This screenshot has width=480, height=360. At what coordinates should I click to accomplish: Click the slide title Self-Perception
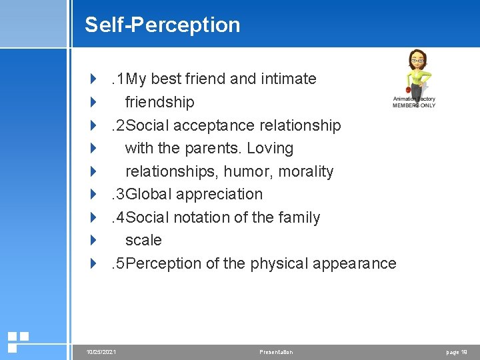coord(162,25)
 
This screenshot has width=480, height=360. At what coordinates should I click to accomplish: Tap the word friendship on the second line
coord(160,102)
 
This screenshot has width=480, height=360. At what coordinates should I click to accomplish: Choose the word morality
coord(305,171)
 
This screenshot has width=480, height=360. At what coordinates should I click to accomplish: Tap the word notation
coord(199,217)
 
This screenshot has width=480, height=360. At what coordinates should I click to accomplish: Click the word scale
coord(143,240)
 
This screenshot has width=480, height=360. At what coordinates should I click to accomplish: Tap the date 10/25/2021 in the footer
coord(102,352)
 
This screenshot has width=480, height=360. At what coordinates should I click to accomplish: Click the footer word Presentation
coord(276,352)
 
